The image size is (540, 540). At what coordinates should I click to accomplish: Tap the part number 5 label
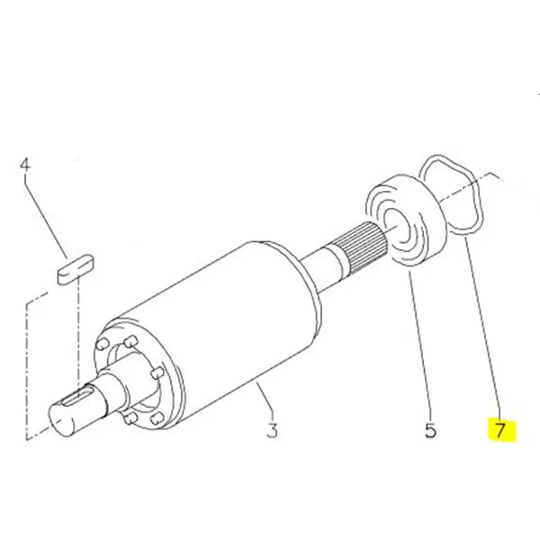[x=430, y=431]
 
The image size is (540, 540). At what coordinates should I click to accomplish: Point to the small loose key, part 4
[x=76, y=269]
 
